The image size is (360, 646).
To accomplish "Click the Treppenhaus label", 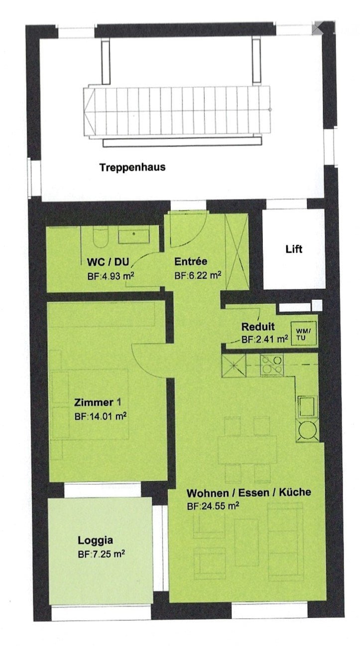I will [x=132, y=167].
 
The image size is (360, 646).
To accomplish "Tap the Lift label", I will [x=293, y=249].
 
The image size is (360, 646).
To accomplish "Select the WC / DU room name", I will [x=106, y=262].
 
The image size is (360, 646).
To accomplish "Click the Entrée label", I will [x=191, y=261].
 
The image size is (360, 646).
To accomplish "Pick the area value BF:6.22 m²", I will [x=198, y=274].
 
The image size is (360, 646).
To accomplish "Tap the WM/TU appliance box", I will [x=302, y=334].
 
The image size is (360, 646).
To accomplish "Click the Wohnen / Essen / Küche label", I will [x=248, y=493].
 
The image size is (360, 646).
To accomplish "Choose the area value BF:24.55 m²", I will [x=213, y=506].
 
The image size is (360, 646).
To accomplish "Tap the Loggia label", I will [x=96, y=540].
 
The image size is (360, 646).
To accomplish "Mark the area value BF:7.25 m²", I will [x=101, y=553].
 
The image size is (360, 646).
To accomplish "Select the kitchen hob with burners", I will [x=272, y=365].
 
